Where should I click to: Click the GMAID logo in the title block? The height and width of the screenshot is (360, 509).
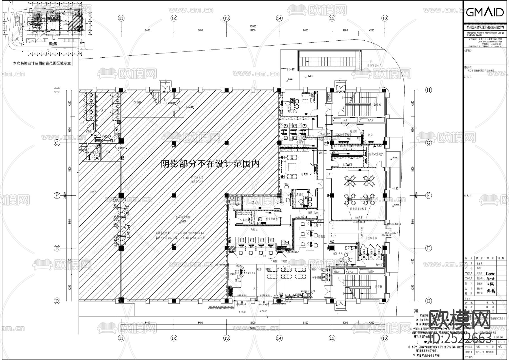(x=484, y=12)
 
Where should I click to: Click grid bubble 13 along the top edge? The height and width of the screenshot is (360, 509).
(x=226, y=18)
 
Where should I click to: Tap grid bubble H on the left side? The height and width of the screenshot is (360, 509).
(x=57, y=90)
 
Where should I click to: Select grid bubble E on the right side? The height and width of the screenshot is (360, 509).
(x=429, y=248)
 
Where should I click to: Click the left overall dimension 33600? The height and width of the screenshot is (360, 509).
(x=65, y=195)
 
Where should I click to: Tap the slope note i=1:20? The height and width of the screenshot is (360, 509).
(x=394, y=188)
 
